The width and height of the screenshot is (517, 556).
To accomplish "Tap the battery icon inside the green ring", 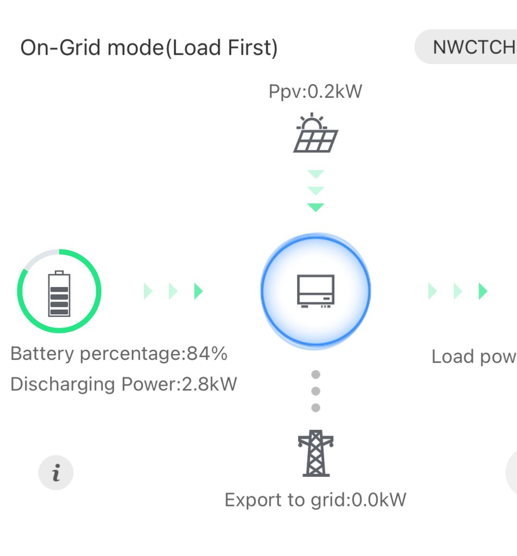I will [59, 293].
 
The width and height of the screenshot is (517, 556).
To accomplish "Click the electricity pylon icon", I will [316, 453].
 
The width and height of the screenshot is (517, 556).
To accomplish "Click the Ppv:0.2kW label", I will [316, 91].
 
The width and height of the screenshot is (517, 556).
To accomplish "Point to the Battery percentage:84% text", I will [119, 354].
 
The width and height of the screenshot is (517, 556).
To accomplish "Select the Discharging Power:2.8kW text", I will [124, 384].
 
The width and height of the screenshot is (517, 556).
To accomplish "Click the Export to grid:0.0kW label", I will [316, 500].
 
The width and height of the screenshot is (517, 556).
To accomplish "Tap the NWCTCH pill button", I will [472, 47].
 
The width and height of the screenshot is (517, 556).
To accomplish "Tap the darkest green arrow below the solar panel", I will [316, 207].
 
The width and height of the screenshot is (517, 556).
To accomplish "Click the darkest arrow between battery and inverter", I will [199, 292].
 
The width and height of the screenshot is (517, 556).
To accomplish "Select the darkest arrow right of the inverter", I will [483, 292].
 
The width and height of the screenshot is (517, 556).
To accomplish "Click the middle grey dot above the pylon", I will [316, 391].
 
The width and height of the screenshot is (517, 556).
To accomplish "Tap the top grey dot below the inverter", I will [316, 375].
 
